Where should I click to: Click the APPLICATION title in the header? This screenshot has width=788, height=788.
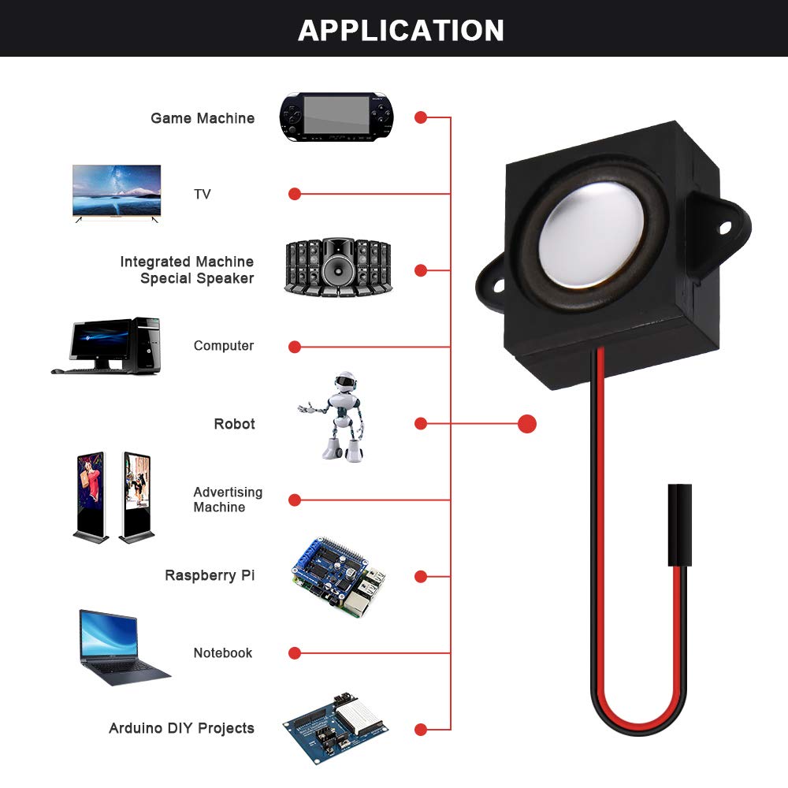coord(401,30)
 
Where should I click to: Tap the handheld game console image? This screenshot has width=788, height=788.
coord(336,117)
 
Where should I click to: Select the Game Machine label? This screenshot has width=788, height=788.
coord(203,118)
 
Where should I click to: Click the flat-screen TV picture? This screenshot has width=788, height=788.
coord(117,191)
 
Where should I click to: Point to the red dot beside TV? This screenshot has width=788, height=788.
coord(295,194)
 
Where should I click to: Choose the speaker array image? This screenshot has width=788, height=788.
coord(337,268)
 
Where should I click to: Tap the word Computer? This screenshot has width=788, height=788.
coord(224,346)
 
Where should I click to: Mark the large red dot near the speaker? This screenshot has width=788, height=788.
coord(527,424)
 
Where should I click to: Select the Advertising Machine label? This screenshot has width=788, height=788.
coord(227,500)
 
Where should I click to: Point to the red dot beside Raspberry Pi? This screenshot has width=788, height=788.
coord(421,577)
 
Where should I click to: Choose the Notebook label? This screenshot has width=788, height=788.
coord(223,653)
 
